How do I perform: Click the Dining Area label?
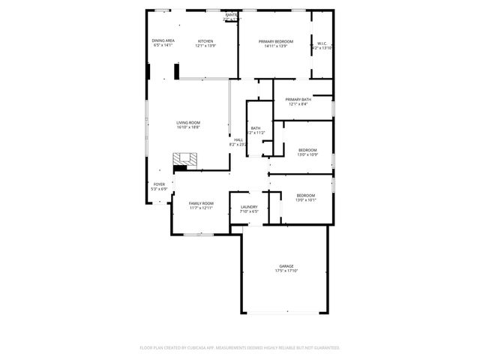[163, 40]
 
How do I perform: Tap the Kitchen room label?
[205, 40]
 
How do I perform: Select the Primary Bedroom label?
[276, 40]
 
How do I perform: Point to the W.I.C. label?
[321, 43]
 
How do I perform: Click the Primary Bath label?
[298, 100]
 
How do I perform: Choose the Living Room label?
[188, 122]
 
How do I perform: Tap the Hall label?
[238, 139]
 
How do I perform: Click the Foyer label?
[159, 184]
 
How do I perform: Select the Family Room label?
[201, 203]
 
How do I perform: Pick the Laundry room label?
[249, 207]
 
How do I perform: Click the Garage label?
[286, 266]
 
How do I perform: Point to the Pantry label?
[232, 14]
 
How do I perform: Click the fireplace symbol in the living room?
[185, 160]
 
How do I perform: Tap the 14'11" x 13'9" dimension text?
[276, 46]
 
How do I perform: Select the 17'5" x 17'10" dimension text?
[286, 271]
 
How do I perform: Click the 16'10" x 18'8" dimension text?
[188, 127]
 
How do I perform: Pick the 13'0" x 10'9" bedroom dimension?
[307, 155]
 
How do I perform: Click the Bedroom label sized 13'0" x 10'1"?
[305, 195]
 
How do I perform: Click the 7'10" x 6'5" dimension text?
[249, 211]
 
